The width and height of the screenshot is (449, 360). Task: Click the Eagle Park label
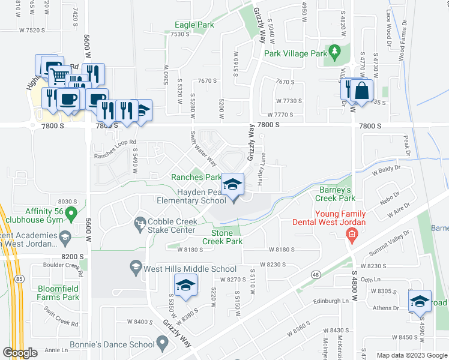[x=194, y=25]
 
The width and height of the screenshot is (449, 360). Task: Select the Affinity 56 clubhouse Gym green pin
[x=71, y=212]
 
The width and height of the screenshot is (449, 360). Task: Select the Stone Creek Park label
[x=226, y=237]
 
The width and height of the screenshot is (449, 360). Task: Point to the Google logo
[x=20, y=353]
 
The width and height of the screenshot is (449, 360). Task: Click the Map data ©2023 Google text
[x=411, y=355]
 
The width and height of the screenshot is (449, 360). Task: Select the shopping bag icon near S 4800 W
[x=363, y=91]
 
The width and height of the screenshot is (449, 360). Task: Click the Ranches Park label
[x=196, y=177]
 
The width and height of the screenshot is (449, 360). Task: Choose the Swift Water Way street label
[x=203, y=149]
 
